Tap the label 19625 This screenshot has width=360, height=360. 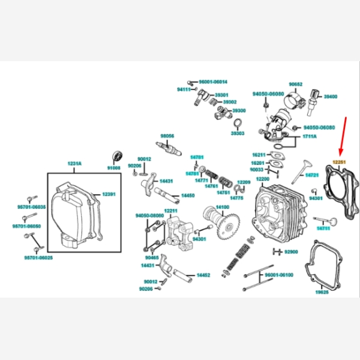322,292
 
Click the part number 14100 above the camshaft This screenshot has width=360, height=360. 222,207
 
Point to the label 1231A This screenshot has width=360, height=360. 74,164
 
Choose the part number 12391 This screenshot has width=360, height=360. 108,194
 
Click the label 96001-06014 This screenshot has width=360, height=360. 213,82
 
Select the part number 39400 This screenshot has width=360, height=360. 331,96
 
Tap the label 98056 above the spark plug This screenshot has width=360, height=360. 167,136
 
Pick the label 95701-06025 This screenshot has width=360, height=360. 38,257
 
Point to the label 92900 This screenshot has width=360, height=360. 291,251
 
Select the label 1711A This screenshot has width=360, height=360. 310,137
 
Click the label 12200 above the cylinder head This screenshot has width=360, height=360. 263,179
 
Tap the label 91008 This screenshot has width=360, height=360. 114,167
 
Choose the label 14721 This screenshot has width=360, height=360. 313,175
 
